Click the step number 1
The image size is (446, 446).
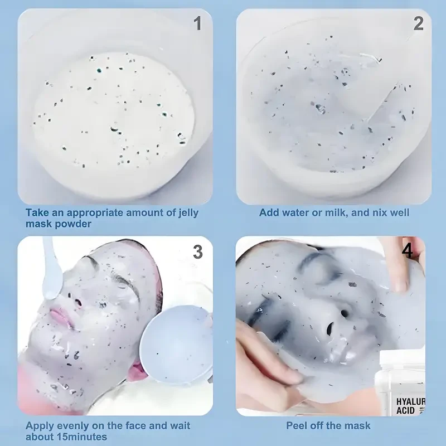pyautogui.click(x=197, y=23)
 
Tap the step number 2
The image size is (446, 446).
pyautogui.click(x=418, y=23)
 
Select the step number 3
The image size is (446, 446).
pyautogui.click(x=197, y=252)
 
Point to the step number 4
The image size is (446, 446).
pyautogui.click(x=408, y=251)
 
